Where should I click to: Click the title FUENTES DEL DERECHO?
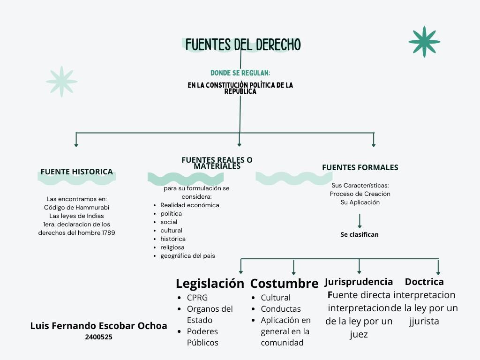point(243,45)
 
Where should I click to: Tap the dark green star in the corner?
point(424,42)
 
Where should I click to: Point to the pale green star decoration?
point(61,82)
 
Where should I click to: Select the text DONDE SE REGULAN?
point(240,73)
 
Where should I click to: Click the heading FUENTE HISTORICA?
point(76,172)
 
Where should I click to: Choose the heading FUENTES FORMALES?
point(360,167)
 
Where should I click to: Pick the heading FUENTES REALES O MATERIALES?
point(217,163)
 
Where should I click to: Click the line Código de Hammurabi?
point(76,207)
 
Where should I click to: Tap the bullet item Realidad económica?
point(189,205)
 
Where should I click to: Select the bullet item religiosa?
point(172,247)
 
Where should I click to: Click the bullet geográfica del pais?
point(187,255)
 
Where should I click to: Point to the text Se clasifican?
point(360,234)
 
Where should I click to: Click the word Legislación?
point(210,284)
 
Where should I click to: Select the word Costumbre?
point(284,284)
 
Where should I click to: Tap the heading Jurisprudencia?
point(359,282)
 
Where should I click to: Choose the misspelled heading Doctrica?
point(424,282)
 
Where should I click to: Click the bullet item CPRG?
point(197,298)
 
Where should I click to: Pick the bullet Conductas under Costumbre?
point(281,309)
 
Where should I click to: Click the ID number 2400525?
point(98,337)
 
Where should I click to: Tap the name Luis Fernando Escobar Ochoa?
point(98,326)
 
